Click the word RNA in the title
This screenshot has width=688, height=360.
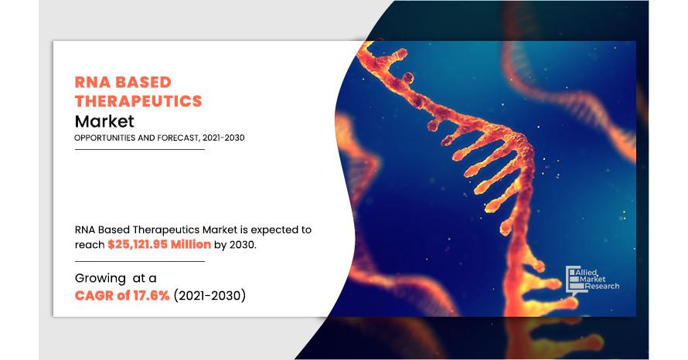(x=92, y=83)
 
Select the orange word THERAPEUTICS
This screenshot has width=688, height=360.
(x=138, y=101)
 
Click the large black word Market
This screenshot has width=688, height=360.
(x=104, y=121)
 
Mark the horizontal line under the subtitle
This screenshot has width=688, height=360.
(x=139, y=149)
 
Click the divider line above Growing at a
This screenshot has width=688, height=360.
(x=139, y=261)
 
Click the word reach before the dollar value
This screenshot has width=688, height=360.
(x=90, y=244)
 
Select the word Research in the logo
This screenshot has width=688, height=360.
(x=603, y=287)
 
